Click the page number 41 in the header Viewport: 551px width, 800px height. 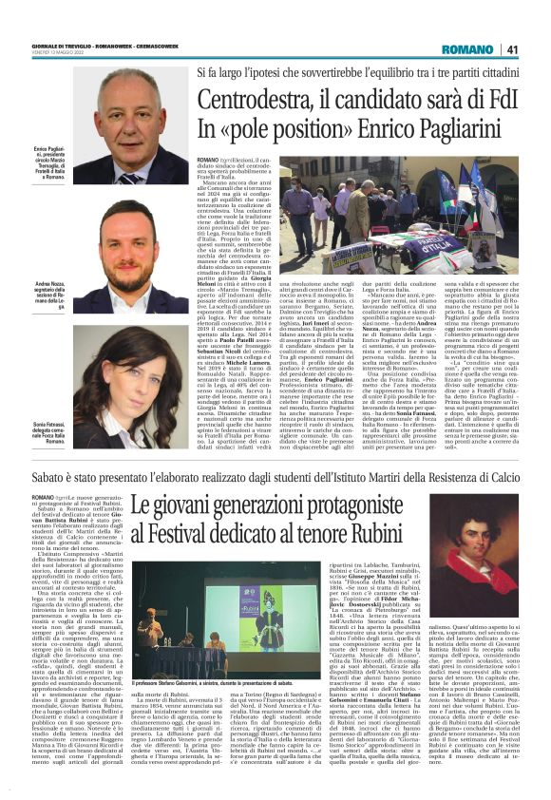[x=512, y=49]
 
